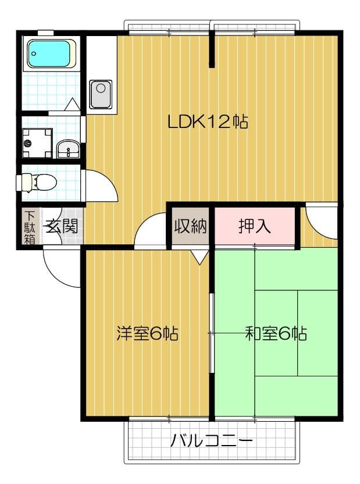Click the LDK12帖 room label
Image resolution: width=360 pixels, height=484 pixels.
click(208, 122)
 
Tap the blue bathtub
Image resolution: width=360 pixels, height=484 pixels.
click(51, 54)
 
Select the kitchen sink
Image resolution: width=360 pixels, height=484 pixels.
click(101, 94)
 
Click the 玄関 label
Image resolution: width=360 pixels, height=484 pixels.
click(62, 226)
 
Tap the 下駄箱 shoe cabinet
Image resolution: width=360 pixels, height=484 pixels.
click(30, 226)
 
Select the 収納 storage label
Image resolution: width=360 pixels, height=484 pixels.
click(191, 226)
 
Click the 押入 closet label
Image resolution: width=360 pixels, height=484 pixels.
click(254, 226)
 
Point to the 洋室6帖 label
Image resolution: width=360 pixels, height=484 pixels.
click(147, 334)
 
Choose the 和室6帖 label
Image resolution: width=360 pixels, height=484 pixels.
click(276, 334)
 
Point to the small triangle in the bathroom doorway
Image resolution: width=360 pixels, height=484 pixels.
click(72, 105)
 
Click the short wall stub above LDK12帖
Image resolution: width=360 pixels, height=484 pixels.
click(213, 49)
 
